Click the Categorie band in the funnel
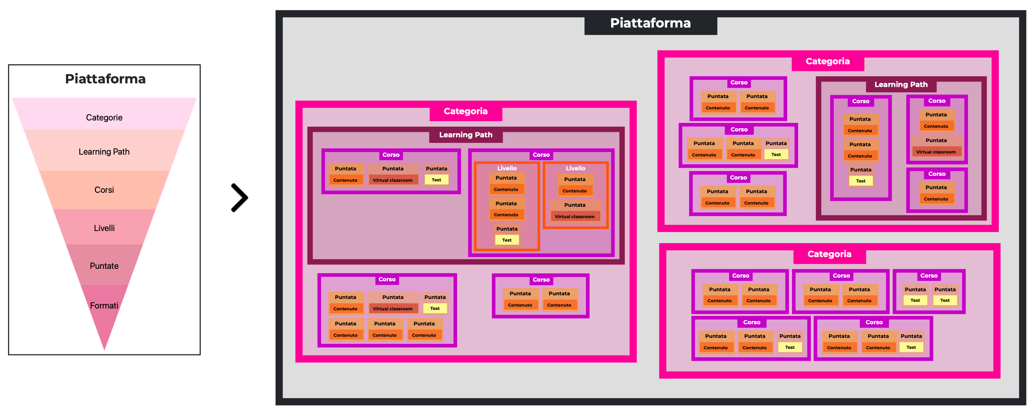click(104, 117)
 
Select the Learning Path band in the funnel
click(104, 151)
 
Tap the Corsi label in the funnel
click(104, 190)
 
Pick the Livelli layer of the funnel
click(104, 228)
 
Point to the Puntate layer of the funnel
click(104, 266)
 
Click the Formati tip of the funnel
click(104, 306)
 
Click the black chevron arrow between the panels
click(240, 198)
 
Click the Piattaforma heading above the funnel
click(105, 79)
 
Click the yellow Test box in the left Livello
click(507, 240)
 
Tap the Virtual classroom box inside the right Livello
click(574, 217)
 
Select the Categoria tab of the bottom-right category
click(829, 254)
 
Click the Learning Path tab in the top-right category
click(901, 84)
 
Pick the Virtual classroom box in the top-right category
click(936, 152)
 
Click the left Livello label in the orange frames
click(507, 168)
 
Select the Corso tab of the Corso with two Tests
click(929, 276)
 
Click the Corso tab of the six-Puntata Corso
click(387, 279)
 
